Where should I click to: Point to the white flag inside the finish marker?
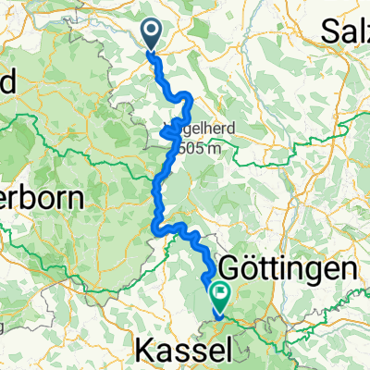tap(222, 294)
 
